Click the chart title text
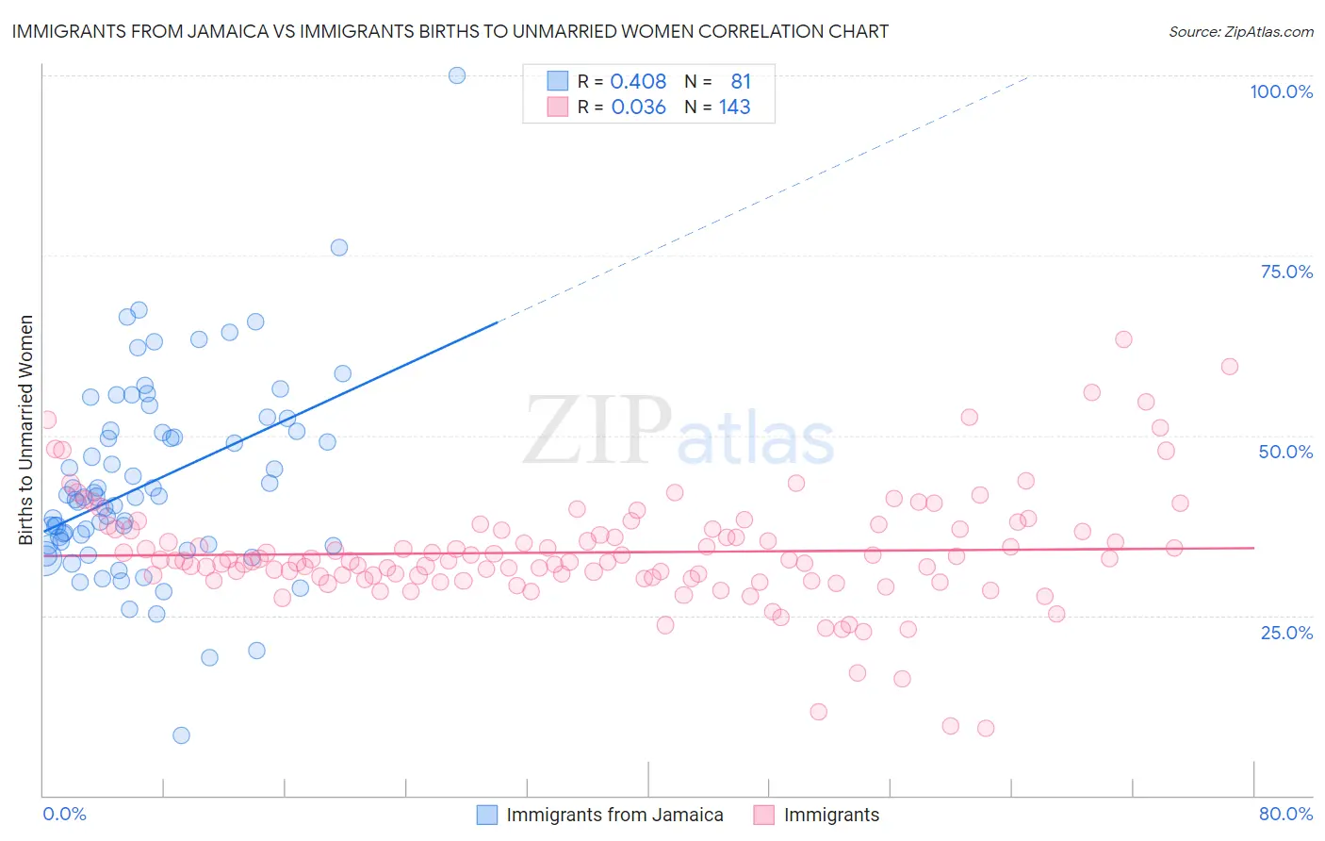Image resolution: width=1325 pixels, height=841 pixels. [450, 31]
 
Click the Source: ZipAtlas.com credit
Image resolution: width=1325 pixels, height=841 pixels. [1240, 31]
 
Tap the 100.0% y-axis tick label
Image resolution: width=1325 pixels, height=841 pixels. [1281, 91]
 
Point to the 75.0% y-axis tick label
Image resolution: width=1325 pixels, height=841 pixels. [1286, 272]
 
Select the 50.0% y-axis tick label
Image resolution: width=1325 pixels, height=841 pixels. [1285, 452]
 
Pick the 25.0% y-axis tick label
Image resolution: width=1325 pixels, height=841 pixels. [1286, 632]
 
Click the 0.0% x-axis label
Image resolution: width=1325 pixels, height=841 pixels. [64, 814]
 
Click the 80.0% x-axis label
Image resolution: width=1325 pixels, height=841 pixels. [1285, 814]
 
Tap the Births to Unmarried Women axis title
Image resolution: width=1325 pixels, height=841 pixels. [25, 430]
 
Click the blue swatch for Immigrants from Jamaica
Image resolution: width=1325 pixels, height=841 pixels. [486, 815]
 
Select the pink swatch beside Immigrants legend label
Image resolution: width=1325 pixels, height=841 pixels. [763, 815]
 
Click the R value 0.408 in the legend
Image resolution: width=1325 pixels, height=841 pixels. [638, 81]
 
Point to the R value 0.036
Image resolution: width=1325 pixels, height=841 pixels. [638, 107]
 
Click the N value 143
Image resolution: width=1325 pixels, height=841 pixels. [734, 107]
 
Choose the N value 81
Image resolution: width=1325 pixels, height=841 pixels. [740, 81]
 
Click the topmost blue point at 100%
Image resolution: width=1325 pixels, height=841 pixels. [457, 75]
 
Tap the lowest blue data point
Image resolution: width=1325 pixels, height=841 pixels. [181, 735]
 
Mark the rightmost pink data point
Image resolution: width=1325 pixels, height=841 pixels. [1229, 367]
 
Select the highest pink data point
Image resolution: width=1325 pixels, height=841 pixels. [1123, 339]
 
